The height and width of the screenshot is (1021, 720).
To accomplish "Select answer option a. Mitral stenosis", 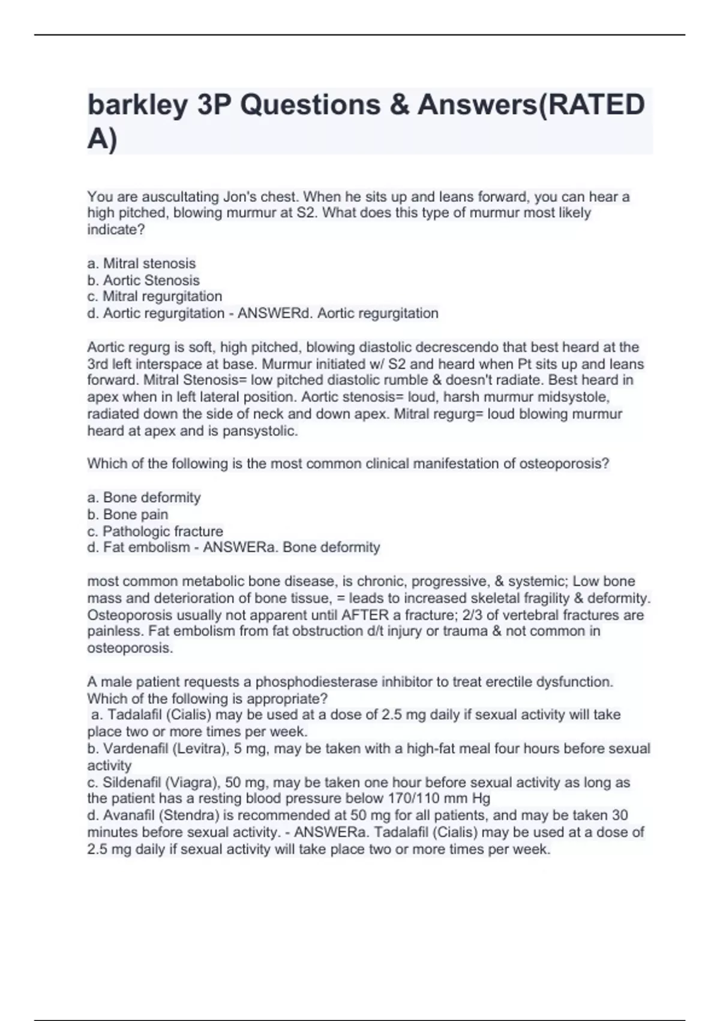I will [142, 264].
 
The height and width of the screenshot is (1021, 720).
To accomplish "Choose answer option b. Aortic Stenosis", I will [143, 280].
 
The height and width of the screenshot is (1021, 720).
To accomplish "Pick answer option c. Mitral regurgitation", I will [155, 297].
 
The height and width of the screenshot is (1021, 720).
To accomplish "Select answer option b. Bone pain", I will [128, 515].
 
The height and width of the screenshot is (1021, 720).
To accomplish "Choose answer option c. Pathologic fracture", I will [155, 532].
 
